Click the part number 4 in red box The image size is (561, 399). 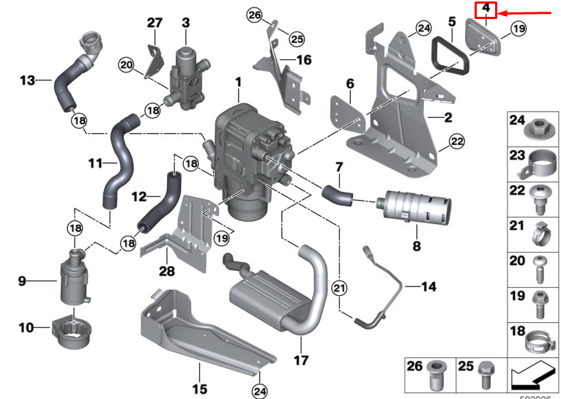point(486,10)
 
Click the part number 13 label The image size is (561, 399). point(28,80)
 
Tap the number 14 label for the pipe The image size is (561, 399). point(428,286)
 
